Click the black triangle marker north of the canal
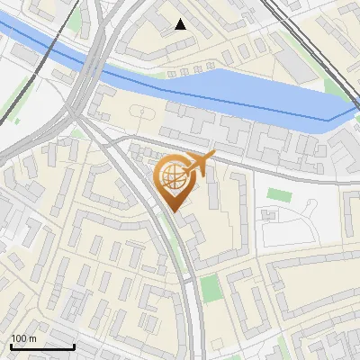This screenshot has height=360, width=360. pyautogui.click(x=181, y=24)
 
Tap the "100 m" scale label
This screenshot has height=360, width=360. pyautogui.click(x=23, y=338)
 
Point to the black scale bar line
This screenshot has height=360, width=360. pyautogui.click(x=42, y=346)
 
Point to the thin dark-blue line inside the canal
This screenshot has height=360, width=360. pyautogui.click(x=270, y=105)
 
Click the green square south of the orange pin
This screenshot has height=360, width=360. pyautogui.click(x=210, y=289)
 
